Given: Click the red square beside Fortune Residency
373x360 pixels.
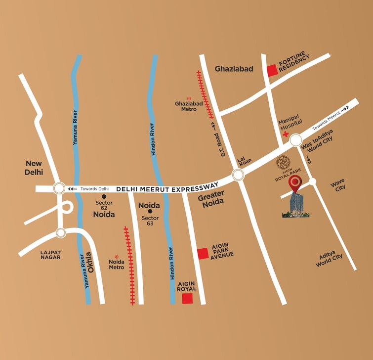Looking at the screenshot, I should pyautogui.click(x=272, y=71).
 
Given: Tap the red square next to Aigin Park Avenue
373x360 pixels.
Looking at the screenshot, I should pyautogui.click(x=203, y=254).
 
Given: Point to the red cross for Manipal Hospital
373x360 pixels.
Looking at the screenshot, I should pyautogui.click(x=286, y=134).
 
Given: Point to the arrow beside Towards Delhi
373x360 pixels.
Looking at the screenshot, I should pyautogui.click(x=73, y=188).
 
